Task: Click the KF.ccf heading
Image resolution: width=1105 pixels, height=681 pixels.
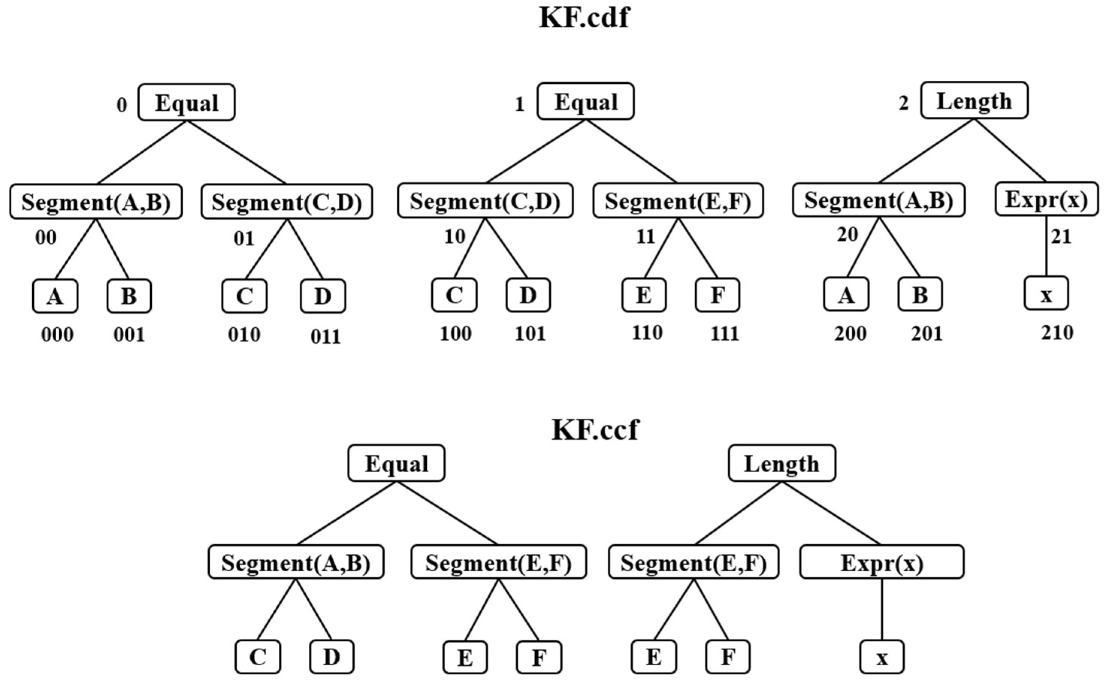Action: [595, 430]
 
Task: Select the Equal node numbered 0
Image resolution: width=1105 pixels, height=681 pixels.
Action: [186, 103]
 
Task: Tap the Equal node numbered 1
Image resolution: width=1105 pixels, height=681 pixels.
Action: [585, 102]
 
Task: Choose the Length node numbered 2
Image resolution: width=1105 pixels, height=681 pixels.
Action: [974, 101]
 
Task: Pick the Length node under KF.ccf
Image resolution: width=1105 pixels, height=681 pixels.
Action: [782, 464]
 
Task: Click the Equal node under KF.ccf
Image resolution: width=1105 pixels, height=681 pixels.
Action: [396, 464]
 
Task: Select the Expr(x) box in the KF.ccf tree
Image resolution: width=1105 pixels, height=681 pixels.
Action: [882, 562]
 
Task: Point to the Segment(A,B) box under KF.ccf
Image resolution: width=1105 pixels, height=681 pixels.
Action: [296, 562]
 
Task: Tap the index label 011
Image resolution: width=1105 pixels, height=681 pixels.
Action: [326, 337]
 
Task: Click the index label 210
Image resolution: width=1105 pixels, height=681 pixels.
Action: [1057, 333]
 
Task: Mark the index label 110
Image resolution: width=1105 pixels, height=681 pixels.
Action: [647, 333]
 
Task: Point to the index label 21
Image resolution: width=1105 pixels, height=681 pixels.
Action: [1061, 237]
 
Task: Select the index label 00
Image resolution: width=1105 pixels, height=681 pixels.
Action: [46, 237]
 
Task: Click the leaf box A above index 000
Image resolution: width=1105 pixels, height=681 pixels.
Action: [55, 296]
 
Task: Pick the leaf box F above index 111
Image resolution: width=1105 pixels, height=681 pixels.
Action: [717, 295]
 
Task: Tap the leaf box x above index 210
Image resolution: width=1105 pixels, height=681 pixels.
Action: [1046, 294]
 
